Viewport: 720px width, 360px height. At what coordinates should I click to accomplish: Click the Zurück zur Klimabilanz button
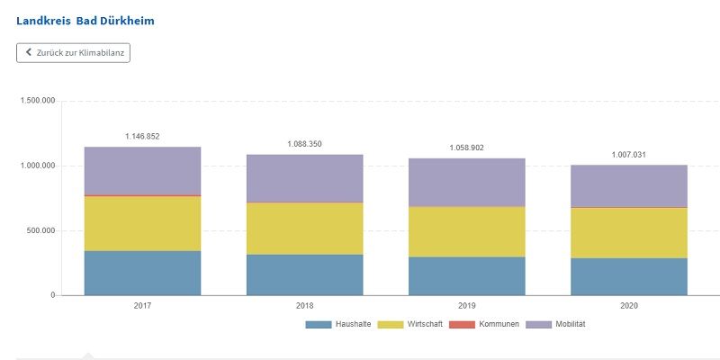pyautogui.click(x=74, y=53)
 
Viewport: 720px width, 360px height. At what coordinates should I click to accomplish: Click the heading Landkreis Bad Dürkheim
pyautogui.click(x=85, y=19)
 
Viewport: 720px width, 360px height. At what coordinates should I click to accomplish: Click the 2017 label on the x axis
pyautogui.click(x=142, y=306)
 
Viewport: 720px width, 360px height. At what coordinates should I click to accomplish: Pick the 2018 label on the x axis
pyautogui.click(x=304, y=306)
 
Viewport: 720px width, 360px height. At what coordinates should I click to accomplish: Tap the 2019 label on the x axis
pyautogui.click(x=466, y=306)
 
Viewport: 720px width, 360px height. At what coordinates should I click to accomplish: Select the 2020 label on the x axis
pyautogui.click(x=628, y=306)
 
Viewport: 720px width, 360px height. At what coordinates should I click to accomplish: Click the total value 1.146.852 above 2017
pyautogui.click(x=142, y=137)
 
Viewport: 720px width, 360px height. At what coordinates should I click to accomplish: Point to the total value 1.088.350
pyautogui.click(x=304, y=144)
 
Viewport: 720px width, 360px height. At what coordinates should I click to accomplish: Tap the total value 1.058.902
pyautogui.click(x=466, y=148)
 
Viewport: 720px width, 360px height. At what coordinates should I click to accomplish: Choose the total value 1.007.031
pyautogui.click(x=628, y=155)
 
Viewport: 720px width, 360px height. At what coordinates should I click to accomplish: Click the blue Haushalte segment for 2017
pyautogui.click(x=142, y=273)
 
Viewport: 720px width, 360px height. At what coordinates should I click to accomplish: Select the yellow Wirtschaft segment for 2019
pyautogui.click(x=466, y=232)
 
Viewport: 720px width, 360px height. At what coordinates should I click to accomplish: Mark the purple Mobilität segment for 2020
pyautogui.click(x=628, y=186)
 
